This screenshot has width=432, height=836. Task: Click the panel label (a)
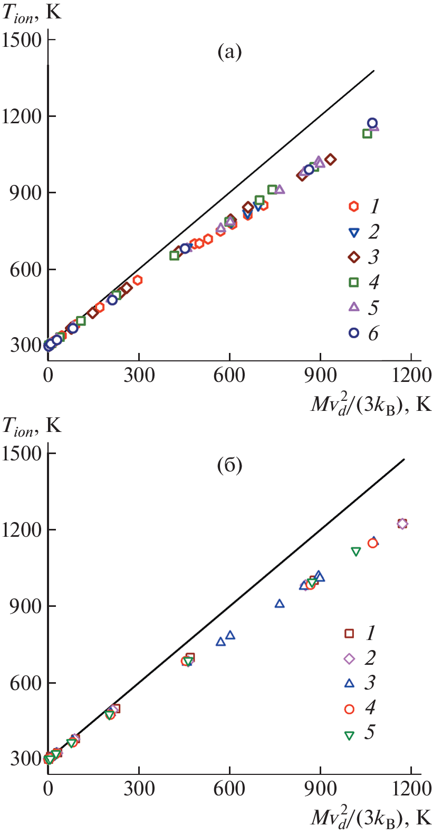(x=229, y=52)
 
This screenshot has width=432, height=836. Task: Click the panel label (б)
(x=229, y=466)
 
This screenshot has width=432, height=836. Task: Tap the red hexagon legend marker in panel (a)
(x=354, y=206)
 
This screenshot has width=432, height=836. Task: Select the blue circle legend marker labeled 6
(x=354, y=333)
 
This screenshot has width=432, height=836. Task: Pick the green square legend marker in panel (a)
(x=354, y=282)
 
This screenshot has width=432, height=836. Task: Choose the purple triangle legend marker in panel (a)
(x=354, y=307)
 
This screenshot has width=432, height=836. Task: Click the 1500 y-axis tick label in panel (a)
(x=22, y=40)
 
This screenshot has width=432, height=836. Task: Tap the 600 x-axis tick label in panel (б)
(x=229, y=789)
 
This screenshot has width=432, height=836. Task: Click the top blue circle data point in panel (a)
(x=372, y=123)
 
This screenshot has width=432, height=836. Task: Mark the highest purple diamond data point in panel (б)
(x=402, y=524)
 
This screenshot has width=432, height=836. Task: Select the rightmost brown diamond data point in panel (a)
(x=331, y=160)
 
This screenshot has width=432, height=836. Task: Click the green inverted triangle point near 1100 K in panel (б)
(x=356, y=552)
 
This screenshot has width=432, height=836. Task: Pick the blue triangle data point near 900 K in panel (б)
(x=280, y=603)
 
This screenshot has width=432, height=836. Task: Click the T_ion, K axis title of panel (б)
(x=32, y=426)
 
